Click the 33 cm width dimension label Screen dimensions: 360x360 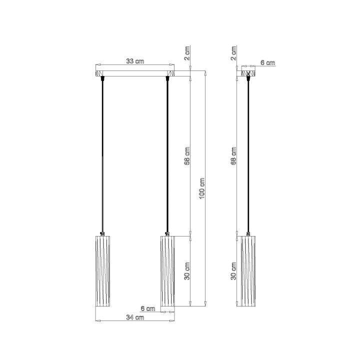pyautogui.click(x=134, y=61)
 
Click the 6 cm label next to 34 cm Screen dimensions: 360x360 pyautogui.click(x=148, y=308)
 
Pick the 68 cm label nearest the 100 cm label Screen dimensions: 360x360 pyautogui.click(x=187, y=156)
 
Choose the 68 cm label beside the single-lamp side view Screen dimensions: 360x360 pyautogui.click(x=234, y=156)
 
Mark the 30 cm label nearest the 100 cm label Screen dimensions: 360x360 pyautogui.click(x=187, y=271)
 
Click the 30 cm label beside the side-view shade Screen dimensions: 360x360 pyautogui.click(x=234, y=271)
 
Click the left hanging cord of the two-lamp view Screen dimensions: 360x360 pyautogui.click(x=103, y=155)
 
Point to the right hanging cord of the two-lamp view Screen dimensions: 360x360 pyautogui.click(x=167, y=155)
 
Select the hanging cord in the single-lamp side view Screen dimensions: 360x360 pyautogui.click(x=248, y=155)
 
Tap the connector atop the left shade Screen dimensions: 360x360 pyautogui.click(x=103, y=233)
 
